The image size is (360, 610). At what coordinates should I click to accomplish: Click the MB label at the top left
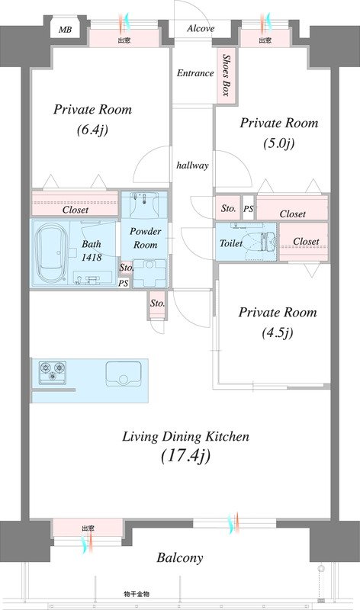66,30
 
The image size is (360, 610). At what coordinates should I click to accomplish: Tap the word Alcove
201,28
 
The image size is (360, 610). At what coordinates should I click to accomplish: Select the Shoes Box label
226,75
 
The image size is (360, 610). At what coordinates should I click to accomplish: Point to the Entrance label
195,73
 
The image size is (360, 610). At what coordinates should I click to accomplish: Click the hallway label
192,165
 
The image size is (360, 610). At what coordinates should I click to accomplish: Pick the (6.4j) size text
92,130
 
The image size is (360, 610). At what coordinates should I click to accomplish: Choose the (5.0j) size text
278,143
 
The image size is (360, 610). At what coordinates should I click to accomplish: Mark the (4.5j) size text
278,332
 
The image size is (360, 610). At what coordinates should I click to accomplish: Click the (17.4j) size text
185,455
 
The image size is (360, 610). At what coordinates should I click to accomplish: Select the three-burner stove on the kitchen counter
53,371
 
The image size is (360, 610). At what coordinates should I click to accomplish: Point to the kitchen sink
124,374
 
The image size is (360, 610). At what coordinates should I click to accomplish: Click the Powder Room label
145,238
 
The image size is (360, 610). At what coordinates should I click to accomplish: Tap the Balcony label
180,558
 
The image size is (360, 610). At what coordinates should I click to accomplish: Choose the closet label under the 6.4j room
76,210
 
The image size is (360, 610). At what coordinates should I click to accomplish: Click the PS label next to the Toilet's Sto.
249,209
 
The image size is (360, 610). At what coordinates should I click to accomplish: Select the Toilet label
231,243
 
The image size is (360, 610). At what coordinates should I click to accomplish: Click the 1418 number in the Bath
92,257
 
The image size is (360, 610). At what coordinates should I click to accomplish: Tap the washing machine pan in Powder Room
149,272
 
